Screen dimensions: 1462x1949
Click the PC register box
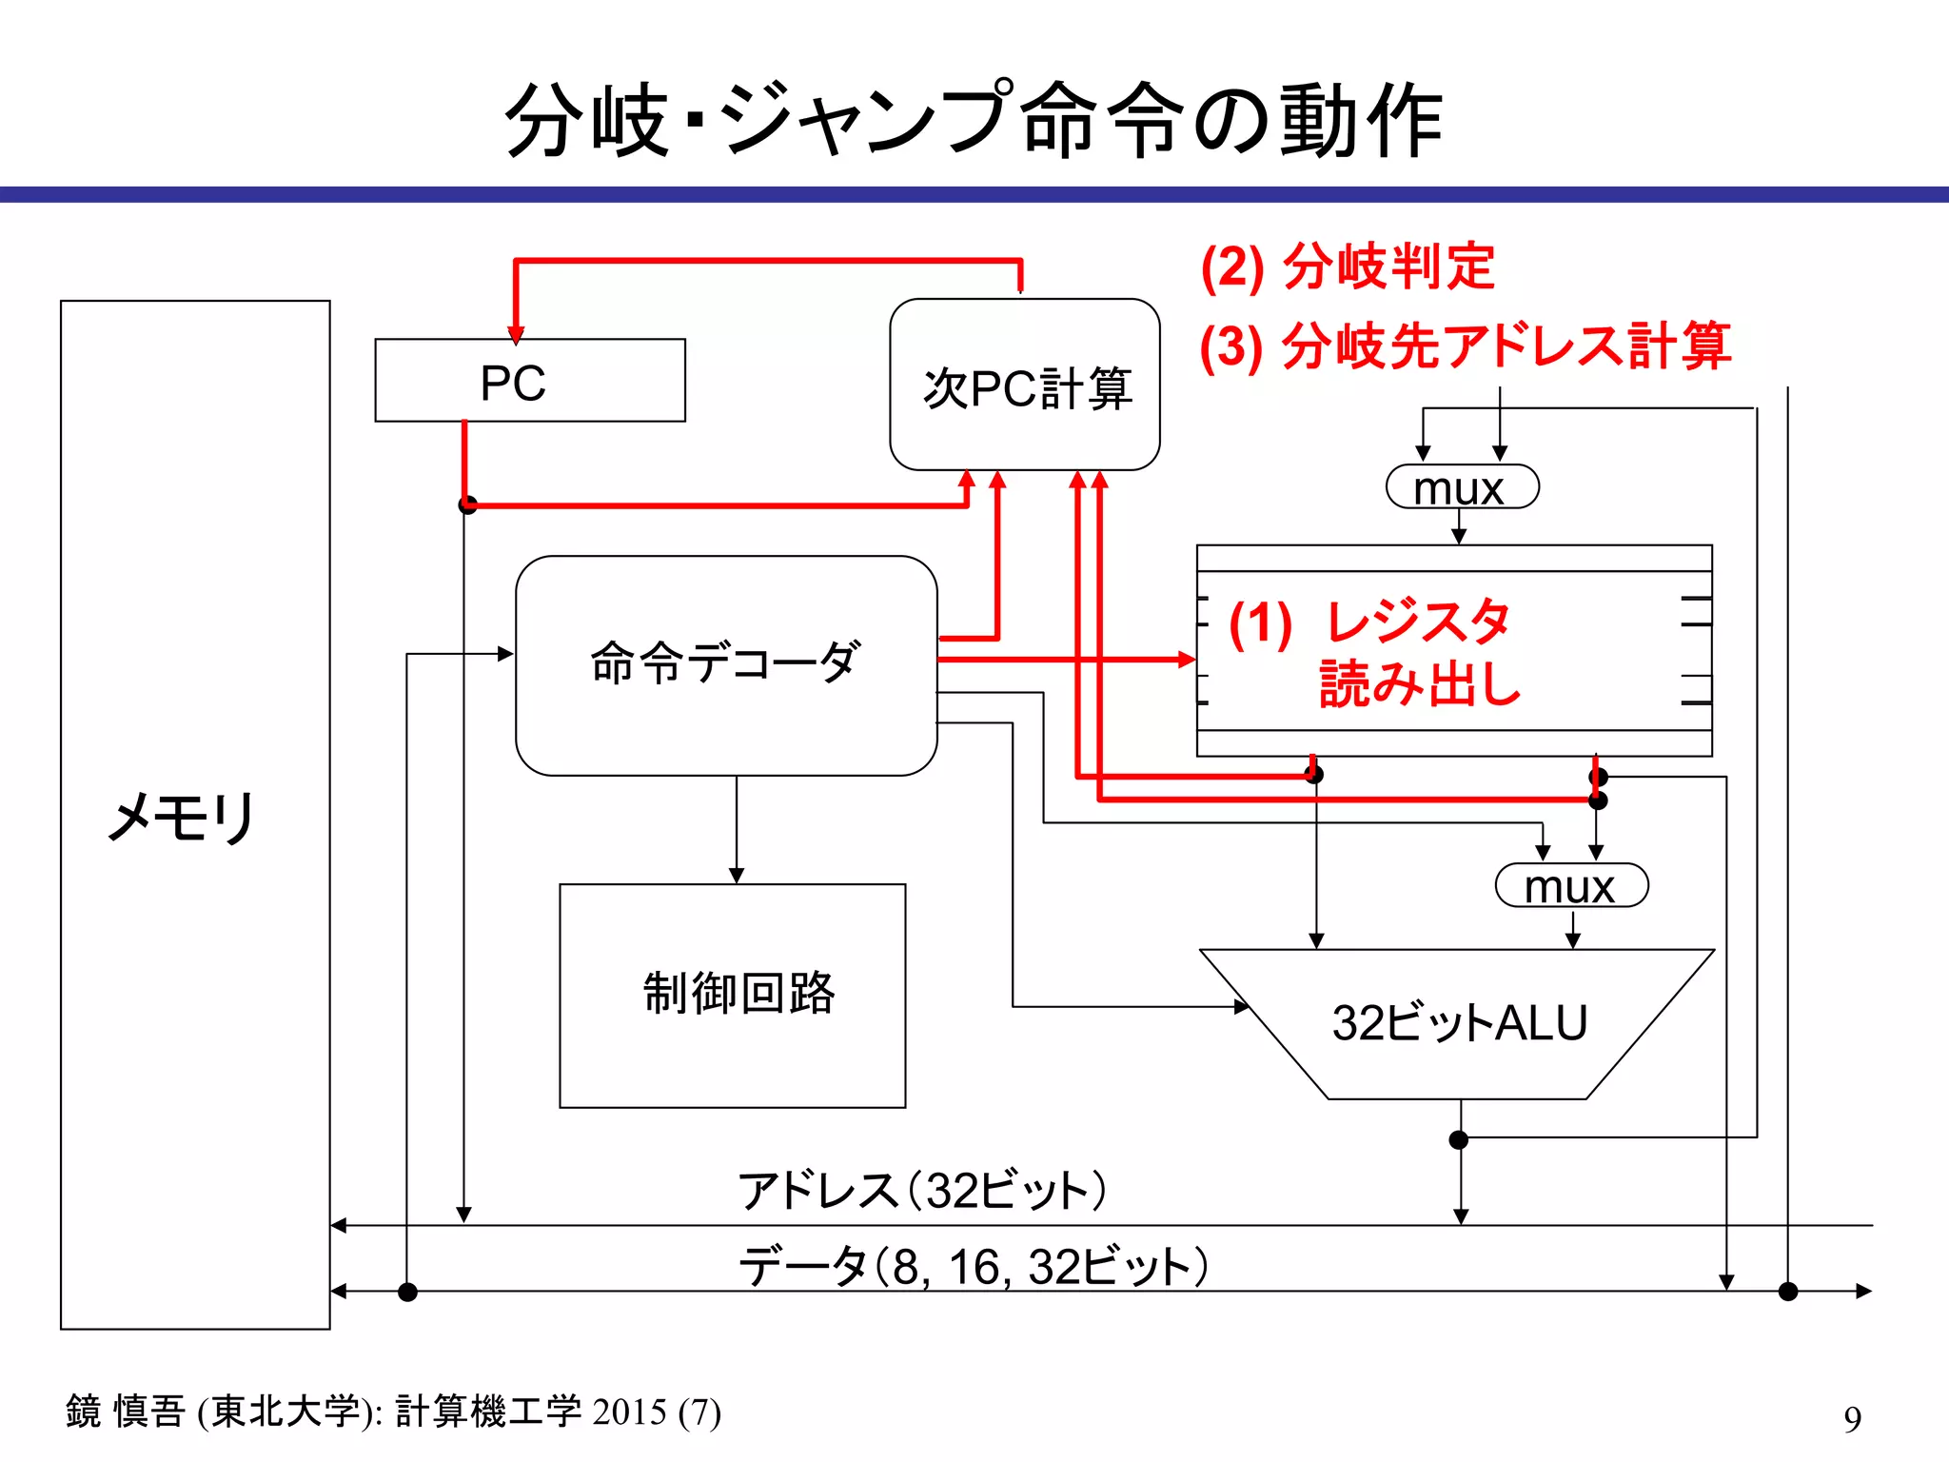click(529, 381)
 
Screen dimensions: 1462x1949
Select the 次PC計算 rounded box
click(1024, 385)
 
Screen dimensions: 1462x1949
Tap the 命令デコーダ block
click(725, 664)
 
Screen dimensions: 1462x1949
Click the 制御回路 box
click(732, 996)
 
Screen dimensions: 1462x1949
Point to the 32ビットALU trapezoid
click(1458, 1024)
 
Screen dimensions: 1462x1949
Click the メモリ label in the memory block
click(181, 817)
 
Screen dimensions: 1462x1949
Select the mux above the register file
click(1461, 488)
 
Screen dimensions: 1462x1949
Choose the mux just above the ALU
click(1570, 886)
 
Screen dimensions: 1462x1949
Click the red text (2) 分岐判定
click(1347, 267)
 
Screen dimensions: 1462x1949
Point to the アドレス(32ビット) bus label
click(921, 1191)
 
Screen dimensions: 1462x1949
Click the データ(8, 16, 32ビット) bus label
click(973, 1267)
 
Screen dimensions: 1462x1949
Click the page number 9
click(1851, 1419)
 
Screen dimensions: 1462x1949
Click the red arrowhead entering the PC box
click(516, 334)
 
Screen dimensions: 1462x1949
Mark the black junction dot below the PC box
click(467, 504)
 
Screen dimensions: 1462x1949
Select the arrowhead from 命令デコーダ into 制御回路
click(736, 876)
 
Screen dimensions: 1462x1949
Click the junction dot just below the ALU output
click(1458, 1139)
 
